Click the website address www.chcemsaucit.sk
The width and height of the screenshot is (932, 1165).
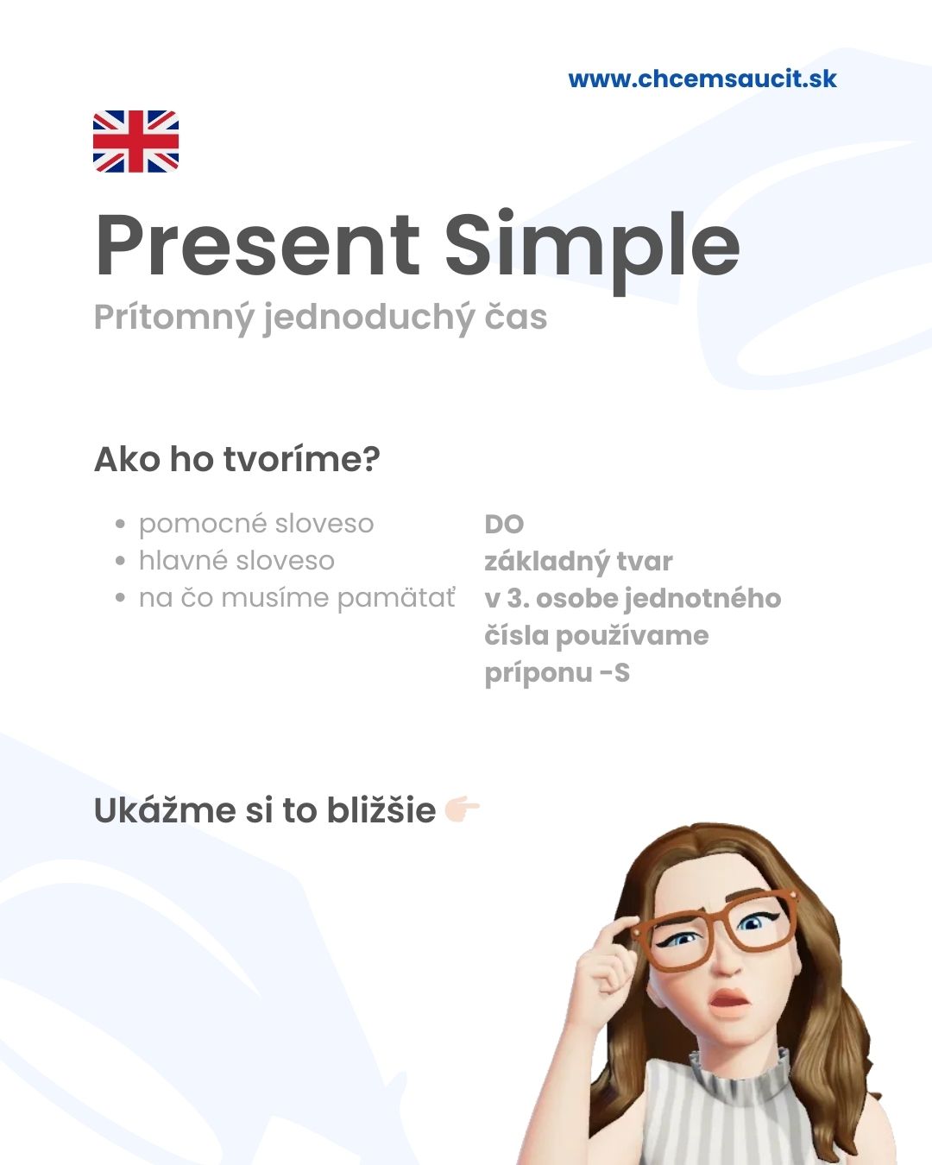[x=702, y=79]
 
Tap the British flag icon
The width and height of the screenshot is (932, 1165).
[x=135, y=142]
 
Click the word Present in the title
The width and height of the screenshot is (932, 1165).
[x=258, y=245]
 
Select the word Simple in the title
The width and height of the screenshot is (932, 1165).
[x=592, y=250]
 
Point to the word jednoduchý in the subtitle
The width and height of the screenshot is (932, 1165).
[x=368, y=318]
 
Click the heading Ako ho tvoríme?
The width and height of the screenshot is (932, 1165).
[x=237, y=460]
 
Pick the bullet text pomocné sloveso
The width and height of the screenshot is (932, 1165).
[x=256, y=525]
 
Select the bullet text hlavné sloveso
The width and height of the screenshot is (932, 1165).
[x=236, y=560]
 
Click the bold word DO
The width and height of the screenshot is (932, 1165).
[x=504, y=524]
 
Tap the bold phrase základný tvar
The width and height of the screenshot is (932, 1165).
[x=578, y=562]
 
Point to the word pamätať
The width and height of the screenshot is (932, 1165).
[x=396, y=599]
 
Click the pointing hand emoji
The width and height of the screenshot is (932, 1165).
[x=462, y=809]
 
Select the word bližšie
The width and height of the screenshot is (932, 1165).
[x=381, y=809]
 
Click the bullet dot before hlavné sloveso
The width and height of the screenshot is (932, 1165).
[x=120, y=561]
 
